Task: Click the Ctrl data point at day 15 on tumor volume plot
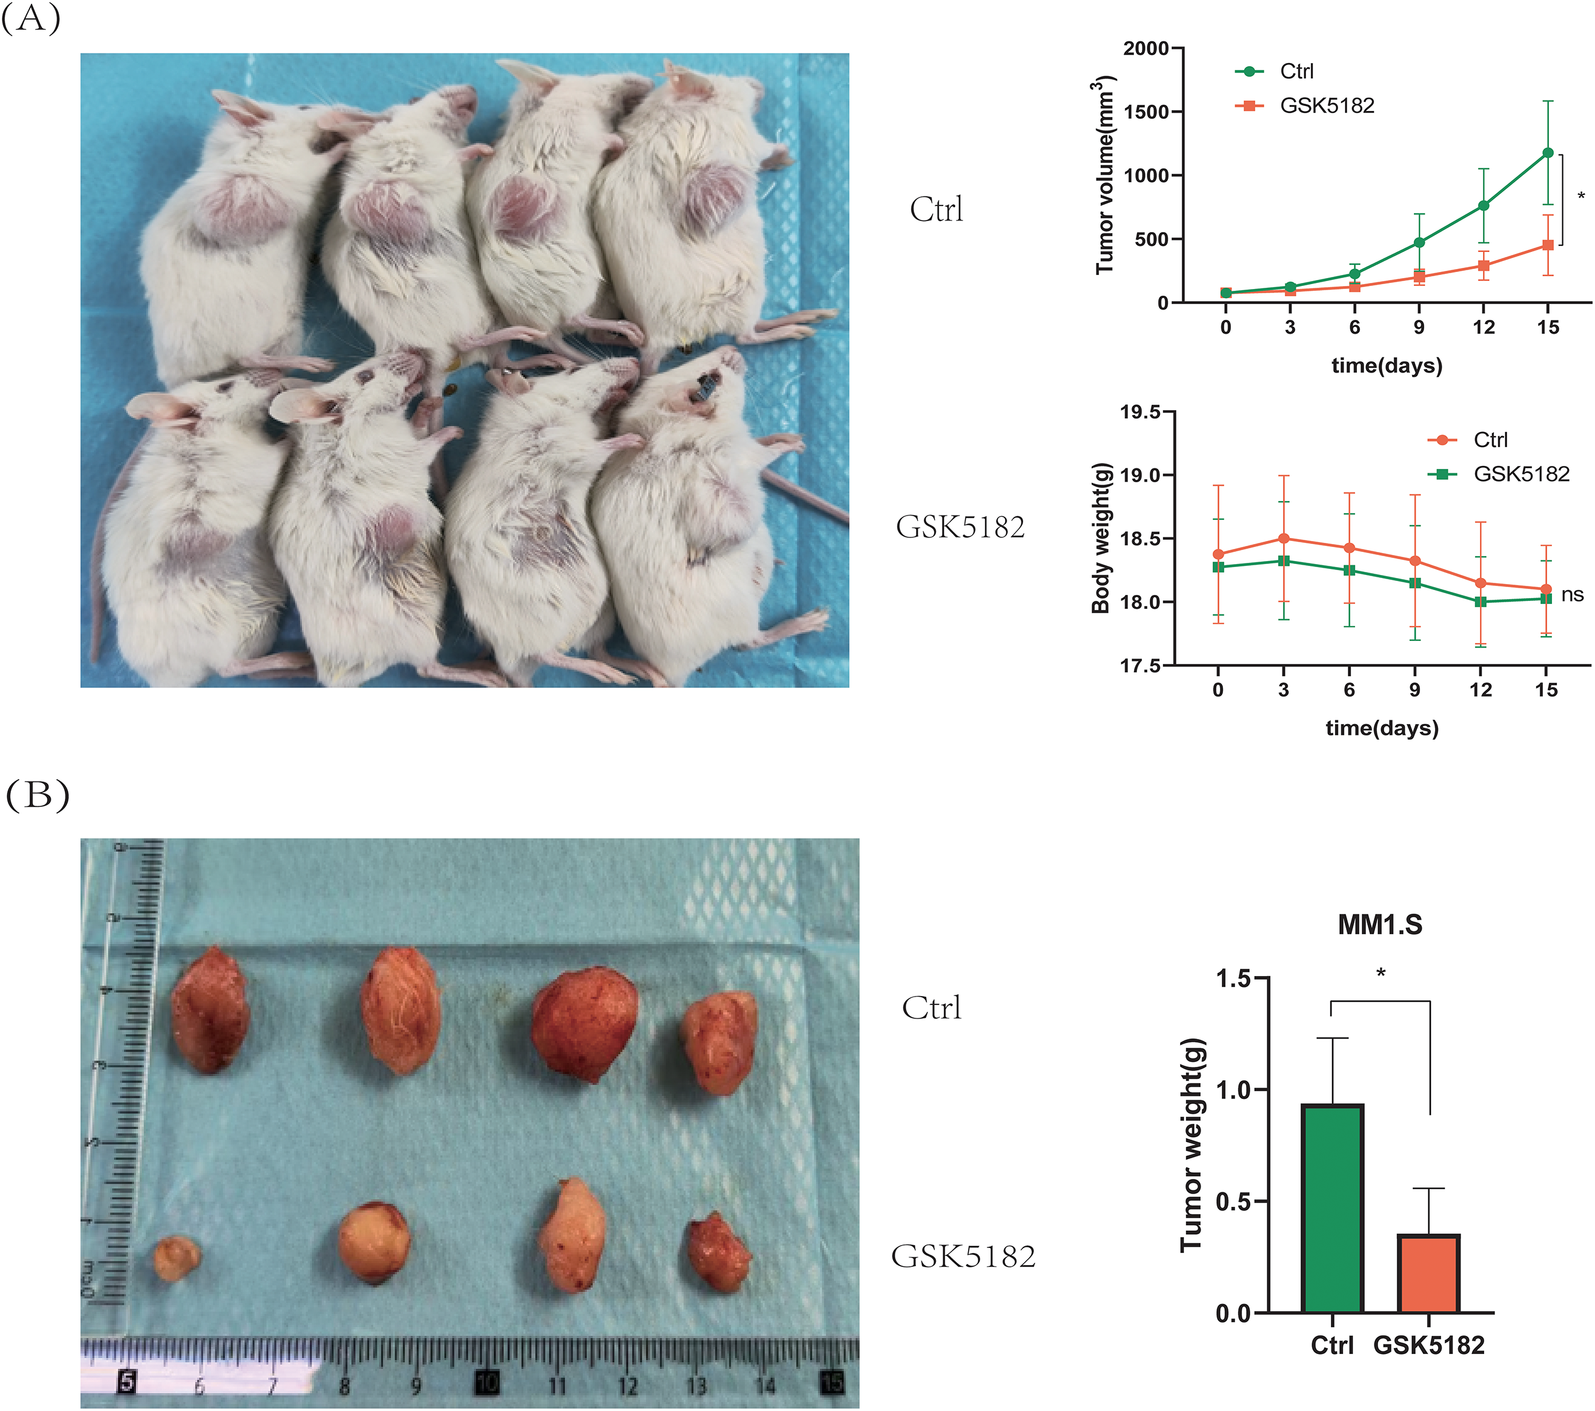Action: pyautogui.click(x=1547, y=153)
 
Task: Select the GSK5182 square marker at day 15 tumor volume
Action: pyautogui.click(x=1547, y=245)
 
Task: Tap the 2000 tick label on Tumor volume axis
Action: pyautogui.click(x=1146, y=48)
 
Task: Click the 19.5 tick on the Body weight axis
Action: pyautogui.click(x=1140, y=412)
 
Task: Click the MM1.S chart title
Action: pyautogui.click(x=1379, y=925)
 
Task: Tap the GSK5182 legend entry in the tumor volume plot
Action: pyautogui.click(x=1327, y=105)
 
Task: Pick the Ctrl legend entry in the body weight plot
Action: pyautogui.click(x=1490, y=440)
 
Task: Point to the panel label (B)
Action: pyautogui.click(x=37, y=795)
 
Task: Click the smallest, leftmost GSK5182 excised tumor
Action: pyautogui.click(x=176, y=1258)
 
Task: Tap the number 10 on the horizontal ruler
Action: pyautogui.click(x=487, y=1383)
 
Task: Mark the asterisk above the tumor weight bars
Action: pyautogui.click(x=1381, y=973)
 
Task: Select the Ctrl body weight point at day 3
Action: pyautogui.click(x=1284, y=539)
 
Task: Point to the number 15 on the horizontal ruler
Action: pyautogui.click(x=832, y=1383)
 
